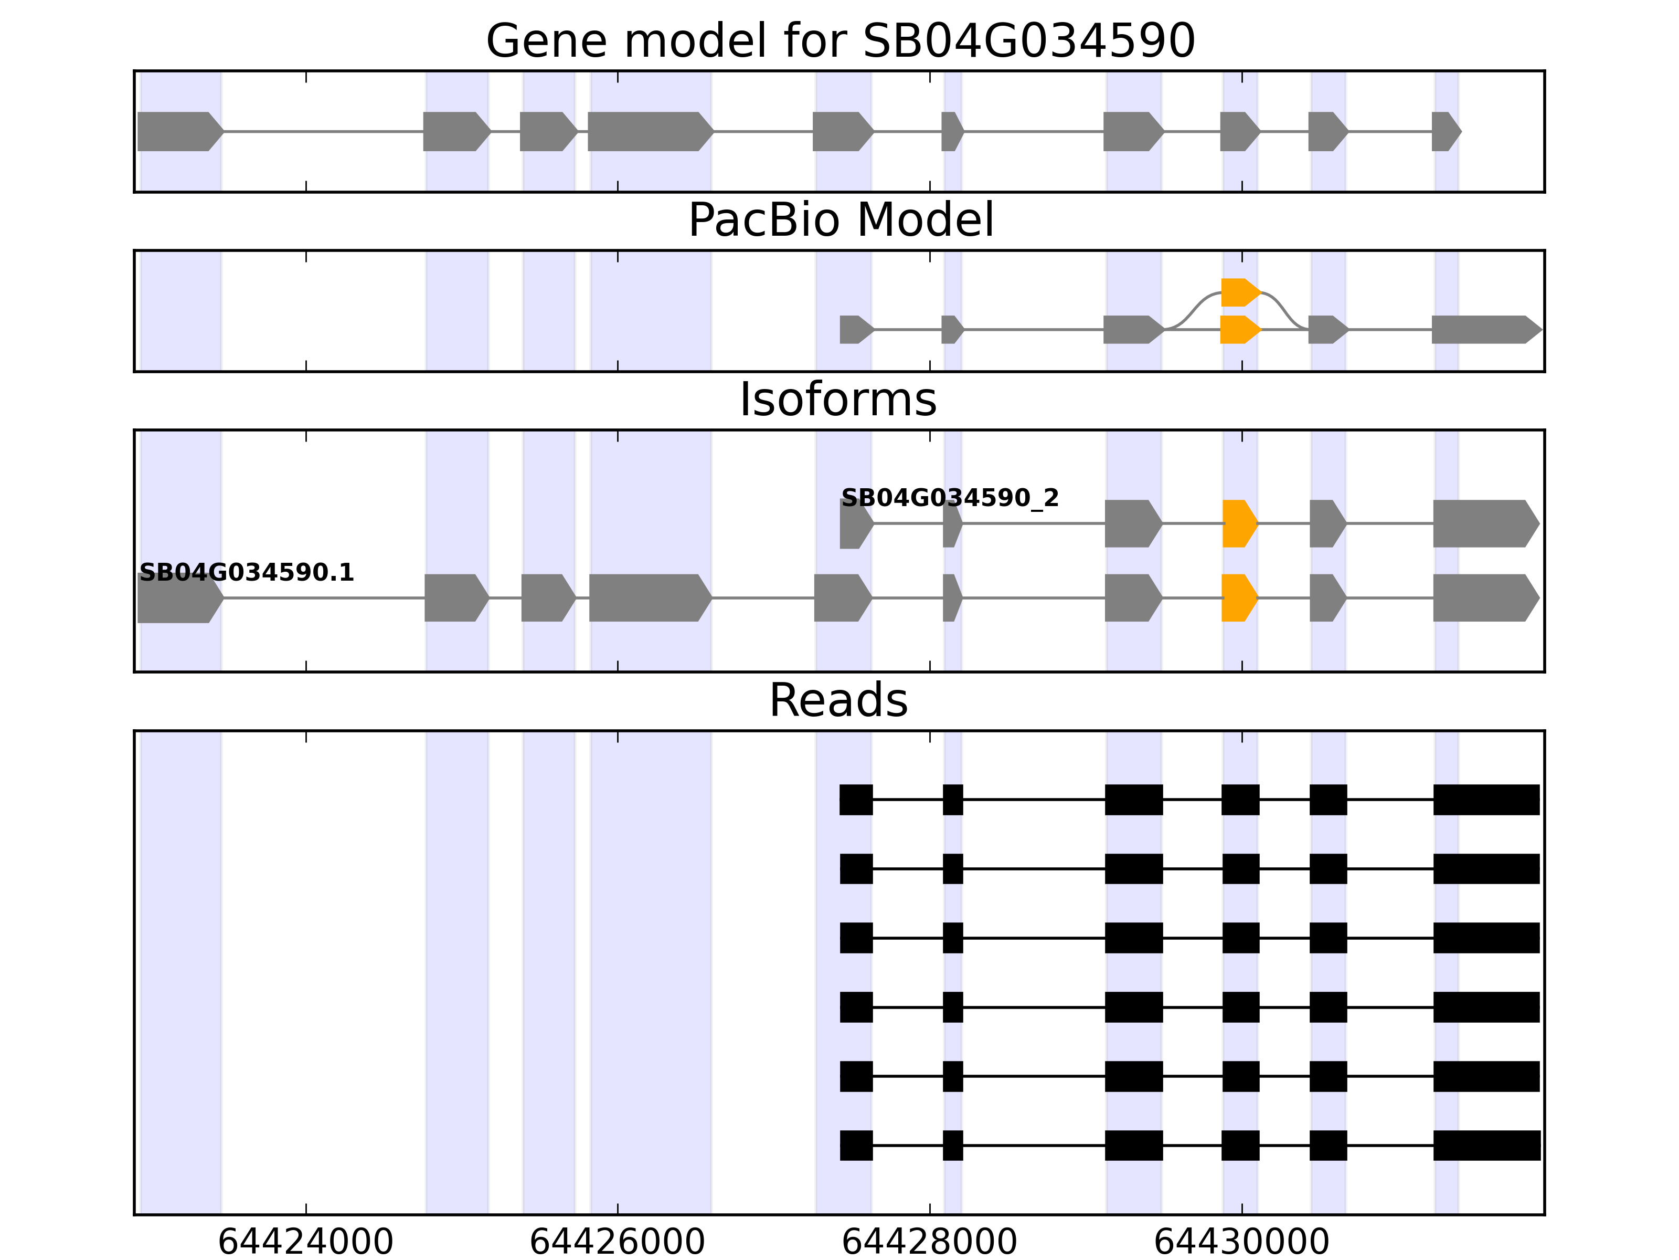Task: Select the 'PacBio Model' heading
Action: click(x=840, y=220)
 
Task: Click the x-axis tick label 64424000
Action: click(x=305, y=1242)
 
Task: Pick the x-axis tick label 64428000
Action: click(x=929, y=1242)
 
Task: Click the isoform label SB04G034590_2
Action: click(x=950, y=498)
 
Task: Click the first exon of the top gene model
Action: click(x=179, y=131)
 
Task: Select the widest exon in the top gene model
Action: click(x=650, y=131)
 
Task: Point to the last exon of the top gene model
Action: click(x=1445, y=131)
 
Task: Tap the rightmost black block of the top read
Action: click(x=1485, y=800)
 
